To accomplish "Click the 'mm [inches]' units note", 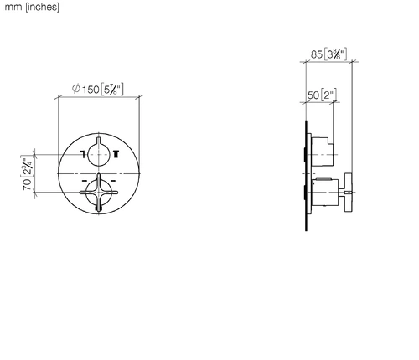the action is click(x=32, y=7).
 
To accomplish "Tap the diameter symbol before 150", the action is click(x=76, y=89).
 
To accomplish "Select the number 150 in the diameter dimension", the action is click(x=91, y=90).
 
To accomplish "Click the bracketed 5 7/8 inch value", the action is click(x=112, y=90).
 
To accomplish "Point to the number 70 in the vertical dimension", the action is click(x=27, y=184).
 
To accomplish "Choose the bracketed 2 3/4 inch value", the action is click(x=27, y=166).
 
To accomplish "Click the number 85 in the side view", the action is click(x=317, y=54).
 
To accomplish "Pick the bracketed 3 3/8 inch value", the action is click(x=335, y=54).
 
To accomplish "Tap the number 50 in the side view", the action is click(x=313, y=95).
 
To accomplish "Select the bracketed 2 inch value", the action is click(x=328, y=95).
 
